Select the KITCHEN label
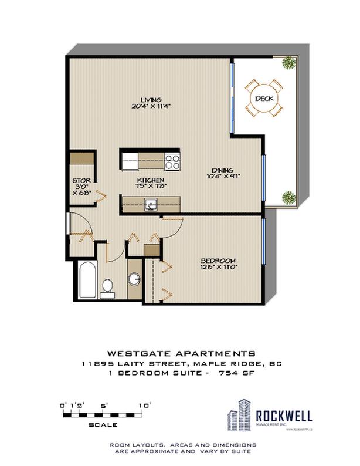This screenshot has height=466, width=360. coord(150,180)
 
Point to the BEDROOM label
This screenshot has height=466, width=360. coord(218,260)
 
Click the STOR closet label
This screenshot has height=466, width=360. coord(80,180)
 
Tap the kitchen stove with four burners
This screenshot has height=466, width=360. coord(172,158)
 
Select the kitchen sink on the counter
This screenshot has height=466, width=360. coord(151,204)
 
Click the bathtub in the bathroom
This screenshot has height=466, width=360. coord(86,282)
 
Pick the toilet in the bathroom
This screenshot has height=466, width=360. coord(107,287)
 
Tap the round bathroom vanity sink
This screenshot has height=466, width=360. coord(134,281)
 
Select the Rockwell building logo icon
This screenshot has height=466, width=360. coord(239,417)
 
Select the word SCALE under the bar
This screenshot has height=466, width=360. coord(104,424)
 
